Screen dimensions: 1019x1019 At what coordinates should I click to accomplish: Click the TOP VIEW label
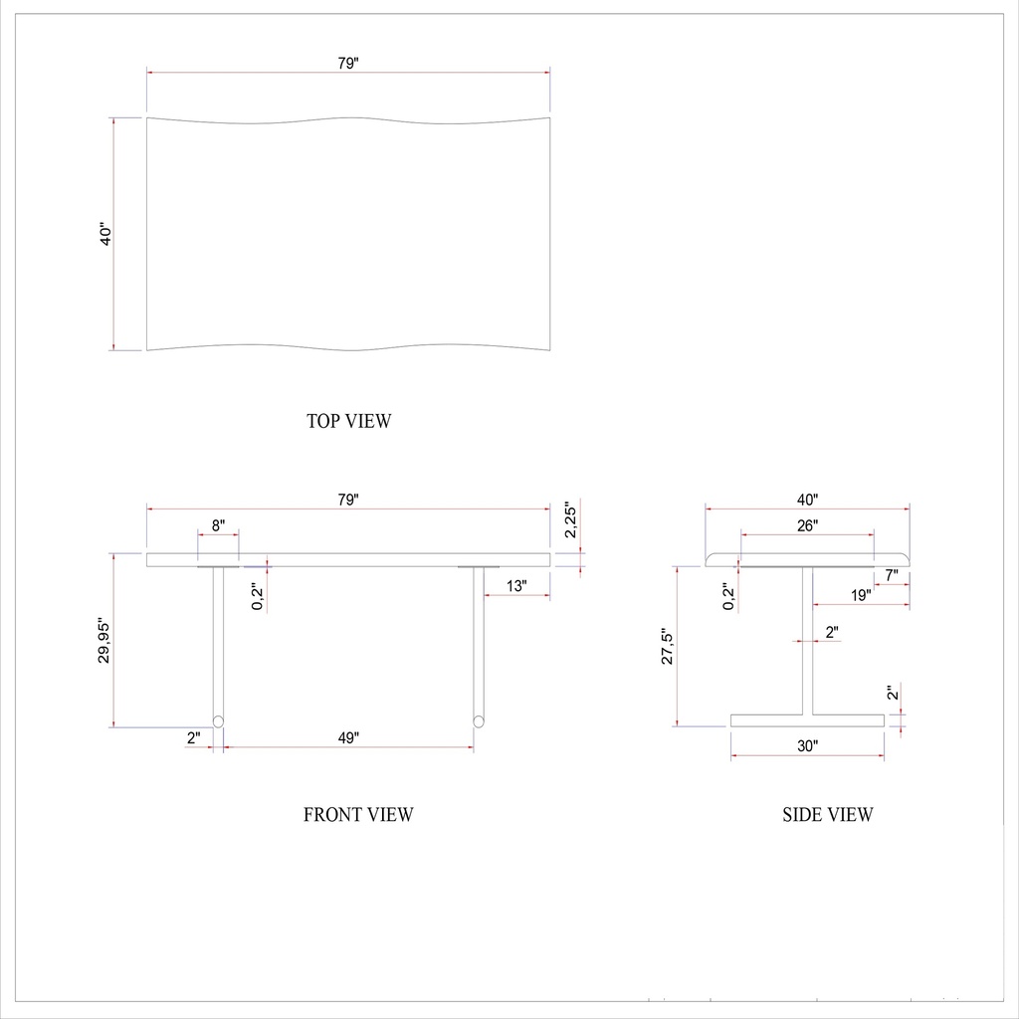349,421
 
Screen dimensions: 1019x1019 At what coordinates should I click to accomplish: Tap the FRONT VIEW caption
358,815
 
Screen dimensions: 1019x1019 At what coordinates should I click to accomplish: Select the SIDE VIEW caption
828,815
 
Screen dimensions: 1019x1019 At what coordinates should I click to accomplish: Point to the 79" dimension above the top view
347,63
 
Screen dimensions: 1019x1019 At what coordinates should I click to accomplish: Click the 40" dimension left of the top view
107,235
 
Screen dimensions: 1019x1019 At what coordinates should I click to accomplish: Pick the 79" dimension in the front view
347,501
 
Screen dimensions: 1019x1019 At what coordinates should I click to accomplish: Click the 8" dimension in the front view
219,524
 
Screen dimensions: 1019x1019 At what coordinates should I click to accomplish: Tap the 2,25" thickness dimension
570,519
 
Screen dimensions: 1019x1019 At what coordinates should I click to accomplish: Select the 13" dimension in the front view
515,586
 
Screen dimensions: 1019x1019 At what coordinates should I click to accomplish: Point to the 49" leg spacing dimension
348,737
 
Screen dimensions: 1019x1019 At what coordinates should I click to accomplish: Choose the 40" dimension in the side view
807,500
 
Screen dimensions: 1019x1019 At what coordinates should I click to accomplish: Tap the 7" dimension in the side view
892,574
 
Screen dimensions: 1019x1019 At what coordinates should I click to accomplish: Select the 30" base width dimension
807,745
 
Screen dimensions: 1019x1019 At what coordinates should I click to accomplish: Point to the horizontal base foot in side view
807,719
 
